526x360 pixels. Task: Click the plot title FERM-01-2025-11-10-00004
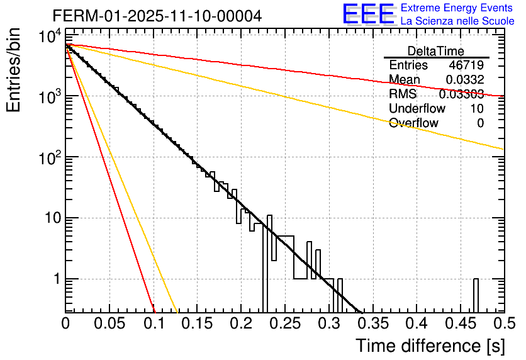(x=157, y=16)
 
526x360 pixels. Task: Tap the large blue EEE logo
(x=368, y=15)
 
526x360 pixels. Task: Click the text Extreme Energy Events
(x=457, y=8)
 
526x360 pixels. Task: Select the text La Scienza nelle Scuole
(x=457, y=21)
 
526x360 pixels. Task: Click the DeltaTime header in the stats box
(x=435, y=51)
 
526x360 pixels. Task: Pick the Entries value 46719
(x=466, y=65)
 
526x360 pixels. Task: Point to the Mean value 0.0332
(x=465, y=80)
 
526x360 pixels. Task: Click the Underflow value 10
(x=476, y=109)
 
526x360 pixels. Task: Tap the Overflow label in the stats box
(x=413, y=123)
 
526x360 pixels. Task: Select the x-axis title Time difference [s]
(x=429, y=346)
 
